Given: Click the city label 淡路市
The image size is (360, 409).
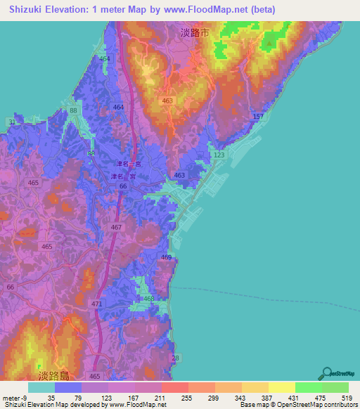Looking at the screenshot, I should click(194, 32).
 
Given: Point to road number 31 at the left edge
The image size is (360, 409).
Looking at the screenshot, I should click(12, 122).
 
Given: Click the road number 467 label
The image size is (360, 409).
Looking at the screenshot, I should click(116, 228).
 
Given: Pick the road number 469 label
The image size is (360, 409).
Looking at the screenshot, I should click(166, 258).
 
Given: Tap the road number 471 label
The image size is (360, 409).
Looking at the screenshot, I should click(96, 304).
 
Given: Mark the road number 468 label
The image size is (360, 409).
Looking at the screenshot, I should click(148, 299).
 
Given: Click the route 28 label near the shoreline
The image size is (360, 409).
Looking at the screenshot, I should click(175, 358).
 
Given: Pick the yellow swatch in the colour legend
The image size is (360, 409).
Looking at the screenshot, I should click(281, 387).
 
